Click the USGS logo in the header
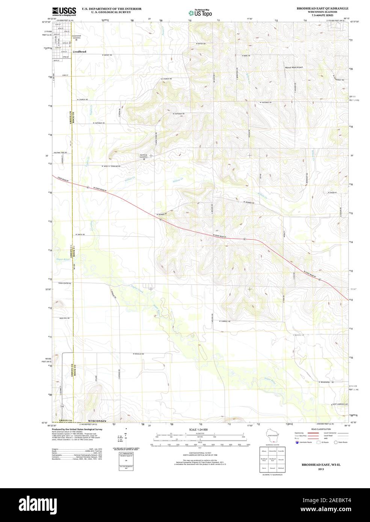click(65, 11)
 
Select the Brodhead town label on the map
click(80, 51)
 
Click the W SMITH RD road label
click(80, 234)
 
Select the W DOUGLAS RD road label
click(139, 354)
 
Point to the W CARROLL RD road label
click(222, 321)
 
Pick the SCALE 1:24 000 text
click(198, 429)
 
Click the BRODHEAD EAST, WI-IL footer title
click(320, 465)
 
